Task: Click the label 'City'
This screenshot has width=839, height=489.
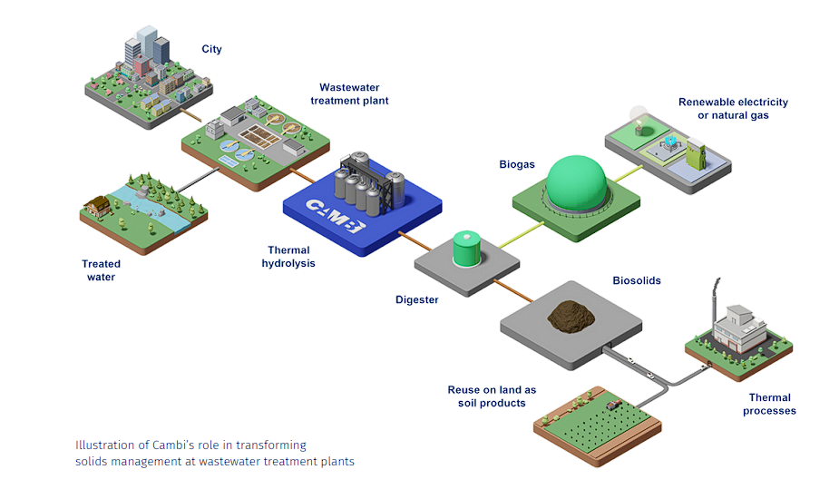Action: point(211,49)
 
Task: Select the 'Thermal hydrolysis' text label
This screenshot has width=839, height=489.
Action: point(288,257)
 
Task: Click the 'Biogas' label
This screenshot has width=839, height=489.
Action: point(517,165)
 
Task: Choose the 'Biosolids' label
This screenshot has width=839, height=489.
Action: point(636,280)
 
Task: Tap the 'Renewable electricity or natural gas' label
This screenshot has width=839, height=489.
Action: point(733,109)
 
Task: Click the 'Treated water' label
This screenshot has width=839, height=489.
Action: point(101,270)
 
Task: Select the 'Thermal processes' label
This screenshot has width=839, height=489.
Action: point(769,404)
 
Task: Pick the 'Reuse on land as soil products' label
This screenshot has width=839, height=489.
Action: point(492,396)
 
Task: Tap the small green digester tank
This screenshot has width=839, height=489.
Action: point(467,249)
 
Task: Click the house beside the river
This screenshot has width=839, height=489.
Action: point(96,206)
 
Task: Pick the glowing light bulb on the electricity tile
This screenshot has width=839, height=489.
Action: point(639,123)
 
